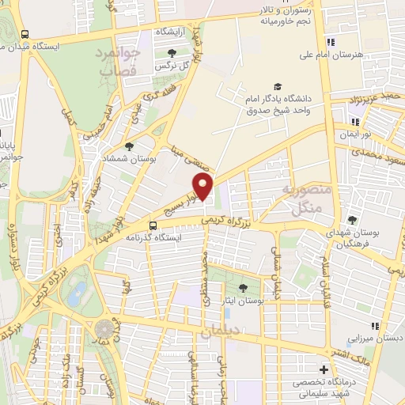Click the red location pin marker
coord(204,187)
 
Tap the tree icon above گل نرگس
coord(173,53)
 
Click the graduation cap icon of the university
coord(277,86)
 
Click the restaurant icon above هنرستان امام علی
coord(332,42)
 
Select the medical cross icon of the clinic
coord(323,369)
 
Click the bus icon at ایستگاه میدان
coord(25,35)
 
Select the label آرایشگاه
coord(173,31)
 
